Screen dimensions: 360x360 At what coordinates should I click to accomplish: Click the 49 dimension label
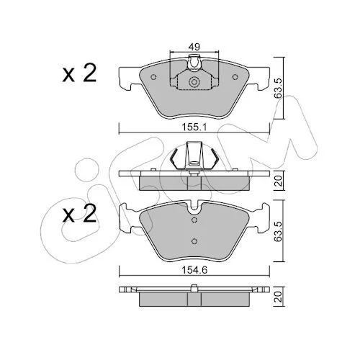tap(194, 47)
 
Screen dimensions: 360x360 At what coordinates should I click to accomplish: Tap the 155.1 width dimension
tap(194, 127)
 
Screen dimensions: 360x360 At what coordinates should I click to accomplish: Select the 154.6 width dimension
tap(194, 271)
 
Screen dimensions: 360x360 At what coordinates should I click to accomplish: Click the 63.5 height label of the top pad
tap(278, 88)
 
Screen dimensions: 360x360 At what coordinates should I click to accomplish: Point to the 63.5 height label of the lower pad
tap(278, 231)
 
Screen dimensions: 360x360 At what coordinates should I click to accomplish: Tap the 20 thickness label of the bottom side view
tap(279, 297)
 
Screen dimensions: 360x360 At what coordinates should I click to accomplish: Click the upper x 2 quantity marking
tap(79, 73)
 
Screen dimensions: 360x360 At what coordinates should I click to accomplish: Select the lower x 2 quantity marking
tap(79, 213)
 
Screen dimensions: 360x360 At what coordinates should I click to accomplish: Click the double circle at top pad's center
tap(194, 82)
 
